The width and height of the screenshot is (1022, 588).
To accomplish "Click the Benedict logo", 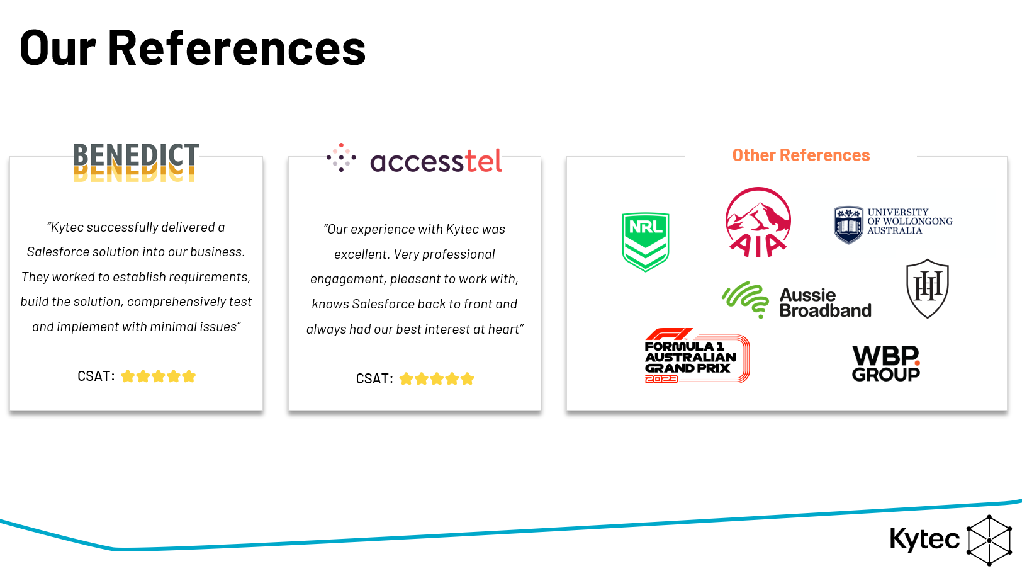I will coord(136,162).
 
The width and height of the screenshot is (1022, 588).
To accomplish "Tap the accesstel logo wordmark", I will coord(435,161).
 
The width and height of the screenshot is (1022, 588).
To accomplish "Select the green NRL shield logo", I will coord(645,242).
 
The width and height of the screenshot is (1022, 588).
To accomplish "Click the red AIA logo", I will coord(758,223).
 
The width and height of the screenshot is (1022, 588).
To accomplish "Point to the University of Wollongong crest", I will coord(848,224).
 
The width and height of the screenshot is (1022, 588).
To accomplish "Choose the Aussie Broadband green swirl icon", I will coord(746,298).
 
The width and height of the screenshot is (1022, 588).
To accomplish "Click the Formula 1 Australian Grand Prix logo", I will coord(696,356).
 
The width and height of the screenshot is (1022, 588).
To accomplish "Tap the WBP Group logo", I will coord(885,364).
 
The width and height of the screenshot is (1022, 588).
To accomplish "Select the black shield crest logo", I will coord(927,288).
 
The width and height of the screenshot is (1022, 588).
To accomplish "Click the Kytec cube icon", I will coord(989,541).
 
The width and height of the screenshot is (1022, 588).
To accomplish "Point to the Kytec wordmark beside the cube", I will coord(924,540).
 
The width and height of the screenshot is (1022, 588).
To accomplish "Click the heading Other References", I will coord(800,155).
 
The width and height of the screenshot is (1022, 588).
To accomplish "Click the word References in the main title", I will coord(237,48).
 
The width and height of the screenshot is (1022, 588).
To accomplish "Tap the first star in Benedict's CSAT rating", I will coord(128,376).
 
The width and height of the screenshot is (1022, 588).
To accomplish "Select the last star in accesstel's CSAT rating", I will coord(467,379).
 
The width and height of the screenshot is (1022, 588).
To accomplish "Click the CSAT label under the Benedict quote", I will coord(96,376).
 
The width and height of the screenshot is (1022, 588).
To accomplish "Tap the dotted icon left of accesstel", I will coord(341,157).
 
